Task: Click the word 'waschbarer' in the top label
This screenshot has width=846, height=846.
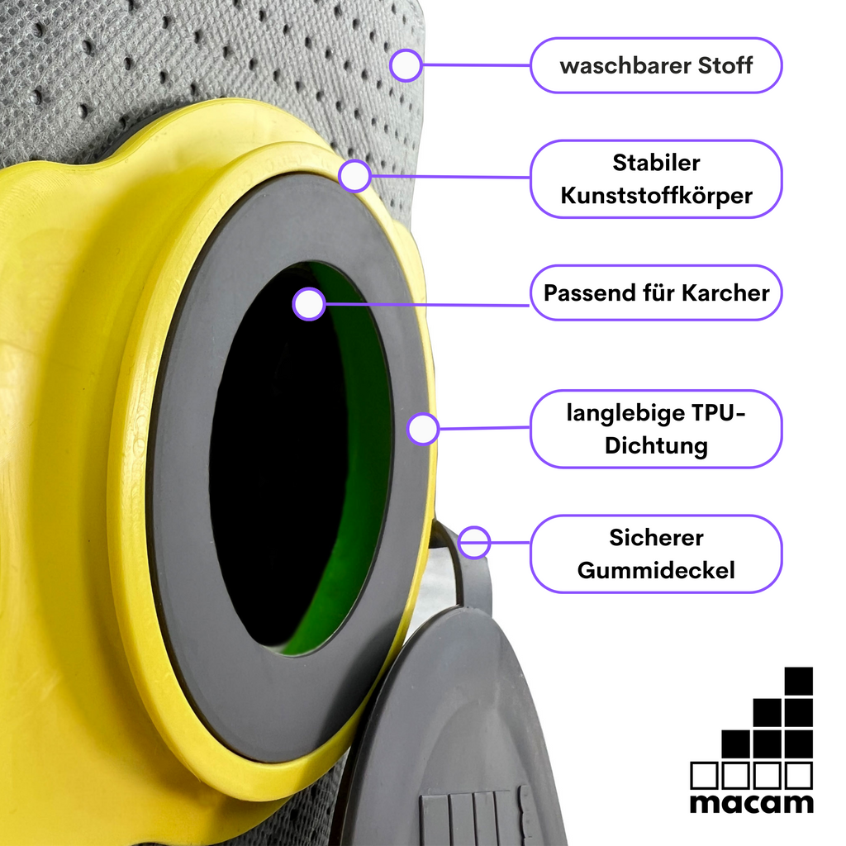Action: pos(625,66)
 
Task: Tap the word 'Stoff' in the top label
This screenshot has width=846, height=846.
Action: pos(725,66)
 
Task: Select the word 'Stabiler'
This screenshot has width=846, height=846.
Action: pos(656,163)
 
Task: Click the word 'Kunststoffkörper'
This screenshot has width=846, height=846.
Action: pos(656,196)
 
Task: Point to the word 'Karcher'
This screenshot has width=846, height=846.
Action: pos(725,293)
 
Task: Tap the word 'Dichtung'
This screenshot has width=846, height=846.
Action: pos(656,446)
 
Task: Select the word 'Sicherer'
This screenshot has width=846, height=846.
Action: pos(656,538)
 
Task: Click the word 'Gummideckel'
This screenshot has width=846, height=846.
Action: pos(656,571)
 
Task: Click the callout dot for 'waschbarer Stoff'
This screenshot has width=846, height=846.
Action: pos(405,65)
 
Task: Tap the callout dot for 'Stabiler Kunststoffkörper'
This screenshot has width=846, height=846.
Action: pos(354,175)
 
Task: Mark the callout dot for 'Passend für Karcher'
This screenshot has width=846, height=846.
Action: pos(309,304)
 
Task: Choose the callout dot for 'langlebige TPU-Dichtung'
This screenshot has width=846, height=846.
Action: pos(423,429)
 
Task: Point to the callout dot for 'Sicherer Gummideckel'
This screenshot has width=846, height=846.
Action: pos(473,542)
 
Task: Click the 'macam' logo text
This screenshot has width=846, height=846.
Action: pos(752,803)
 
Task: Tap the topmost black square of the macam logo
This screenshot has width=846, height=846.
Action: pos(799,682)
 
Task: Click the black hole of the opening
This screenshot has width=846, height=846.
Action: pos(281,459)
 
